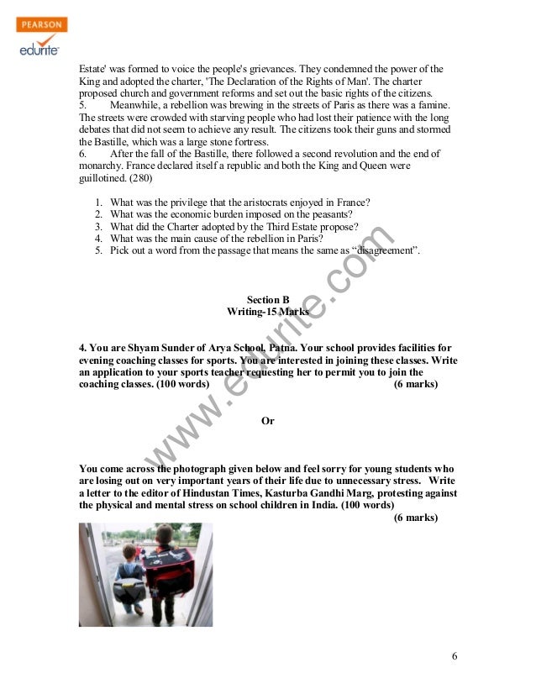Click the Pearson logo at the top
click(39, 24)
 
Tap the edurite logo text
click(39, 49)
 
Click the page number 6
click(454, 655)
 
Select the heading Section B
click(268, 298)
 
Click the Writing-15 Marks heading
click(268, 311)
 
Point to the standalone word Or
click(268, 420)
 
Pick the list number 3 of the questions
click(98, 227)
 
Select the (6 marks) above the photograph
click(415, 518)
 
